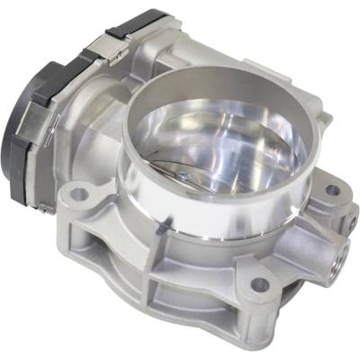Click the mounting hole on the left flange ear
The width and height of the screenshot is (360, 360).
coord(78,193)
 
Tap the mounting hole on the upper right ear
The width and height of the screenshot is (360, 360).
coord(331,191)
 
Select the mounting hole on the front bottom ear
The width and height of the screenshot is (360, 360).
coord(259,284)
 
